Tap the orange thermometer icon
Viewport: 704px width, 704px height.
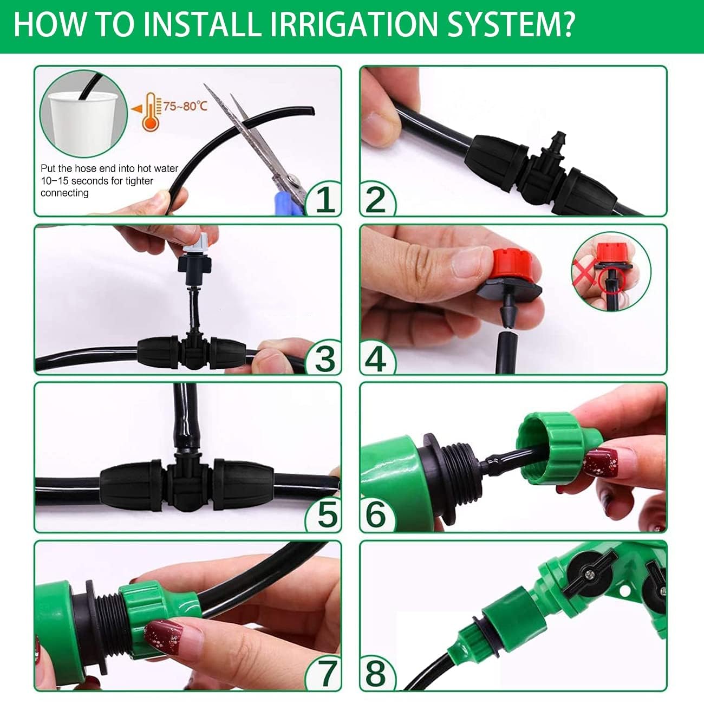[151, 112]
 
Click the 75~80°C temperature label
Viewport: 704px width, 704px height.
[186, 106]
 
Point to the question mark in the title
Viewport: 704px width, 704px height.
[565, 25]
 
